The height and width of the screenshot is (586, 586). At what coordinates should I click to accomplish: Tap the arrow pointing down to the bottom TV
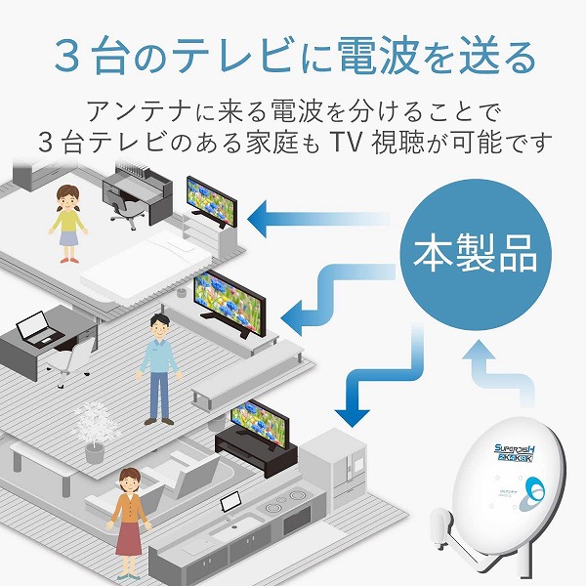371,381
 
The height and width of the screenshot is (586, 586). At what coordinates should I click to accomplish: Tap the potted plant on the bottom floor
93,431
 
